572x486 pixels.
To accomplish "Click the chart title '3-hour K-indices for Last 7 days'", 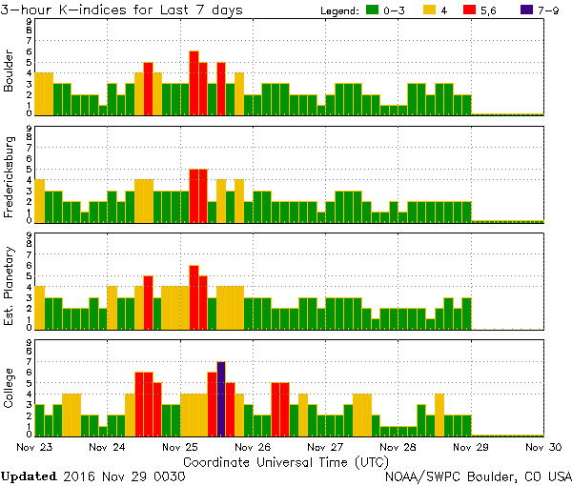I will coord(121,10).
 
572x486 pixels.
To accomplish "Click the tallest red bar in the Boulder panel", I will coord(194,83).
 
